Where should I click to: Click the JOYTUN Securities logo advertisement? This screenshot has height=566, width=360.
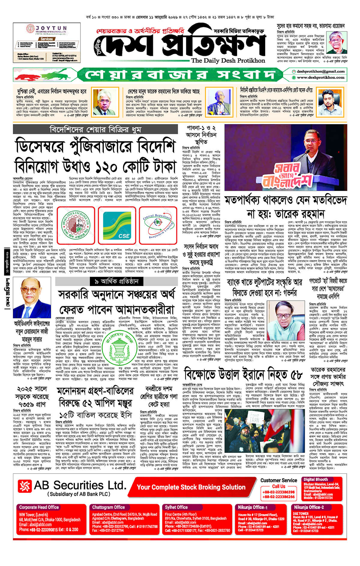pyautogui.click(x=46, y=42)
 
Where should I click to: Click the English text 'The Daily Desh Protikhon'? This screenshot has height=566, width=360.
pyautogui.click(x=228, y=61)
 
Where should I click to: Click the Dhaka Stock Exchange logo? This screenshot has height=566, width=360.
pyautogui.click(x=76, y=225)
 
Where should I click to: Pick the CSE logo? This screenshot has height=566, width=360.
pyautogui.click(x=117, y=225)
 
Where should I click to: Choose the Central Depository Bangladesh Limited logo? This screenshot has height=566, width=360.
pyautogui.click(x=158, y=225)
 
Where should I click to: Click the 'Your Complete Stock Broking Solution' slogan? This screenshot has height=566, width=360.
pyautogui.click(x=191, y=487)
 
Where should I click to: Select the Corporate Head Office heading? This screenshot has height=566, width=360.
pyautogui.click(x=39, y=507)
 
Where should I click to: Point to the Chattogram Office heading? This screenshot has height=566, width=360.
pyautogui.click(x=108, y=507)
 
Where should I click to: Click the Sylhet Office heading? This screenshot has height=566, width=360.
pyautogui.click(x=176, y=507)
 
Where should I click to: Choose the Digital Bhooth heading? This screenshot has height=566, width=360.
pyautogui.click(x=316, y=479)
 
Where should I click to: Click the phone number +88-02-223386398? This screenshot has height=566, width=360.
pyautogui.click(x=278, y=492)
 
